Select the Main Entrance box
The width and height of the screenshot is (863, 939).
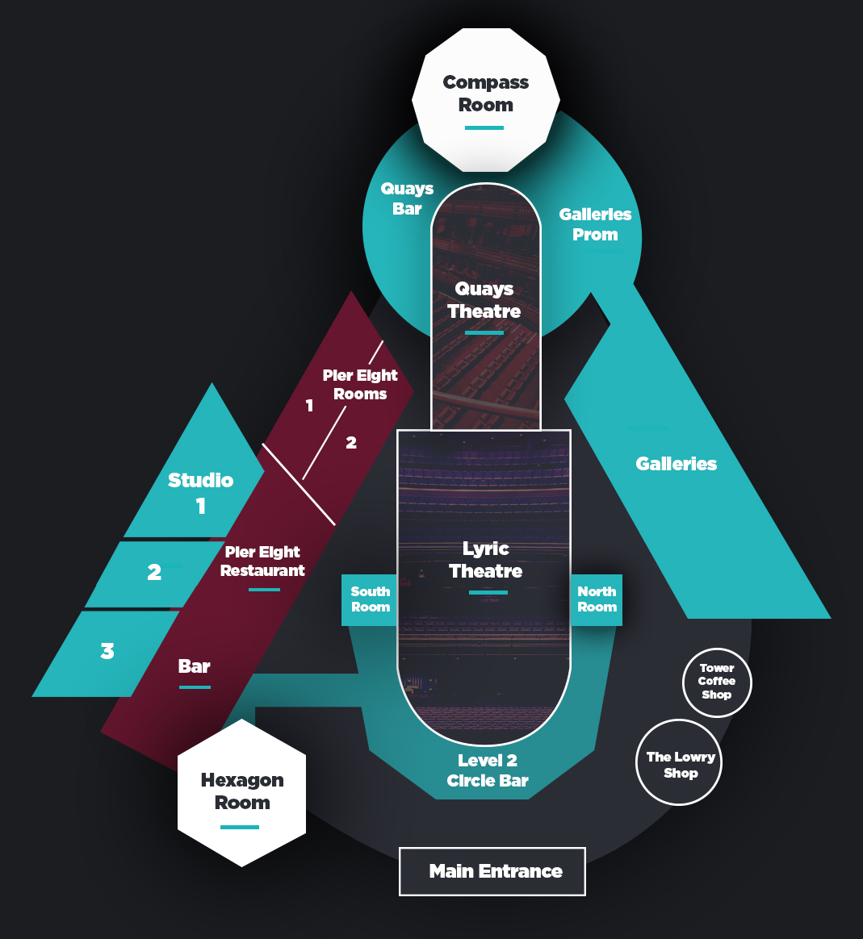click(x=492, y=871)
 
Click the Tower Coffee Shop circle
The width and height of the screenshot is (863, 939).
click(x=716, y=682)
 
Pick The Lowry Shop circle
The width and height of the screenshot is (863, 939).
click(x=679, y=763)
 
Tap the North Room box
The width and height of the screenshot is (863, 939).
click(x=597, y=599)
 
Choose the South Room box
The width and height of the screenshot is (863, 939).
click(x=370, y=599)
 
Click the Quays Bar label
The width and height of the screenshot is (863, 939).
click(x=408, y=198)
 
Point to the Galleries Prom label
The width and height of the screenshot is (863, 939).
click(x=595, y=224)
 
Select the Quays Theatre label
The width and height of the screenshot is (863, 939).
click(x=484, y=300)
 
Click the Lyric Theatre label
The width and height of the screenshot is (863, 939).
click(x=485, y=560)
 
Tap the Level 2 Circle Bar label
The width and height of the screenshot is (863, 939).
click(x=488, y=770)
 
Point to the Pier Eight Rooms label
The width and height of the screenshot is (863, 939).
click(x=360, y=385)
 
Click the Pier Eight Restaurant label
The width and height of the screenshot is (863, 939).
click(x=262, y=561)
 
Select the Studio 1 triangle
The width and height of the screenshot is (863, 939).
click(x=200, y=492)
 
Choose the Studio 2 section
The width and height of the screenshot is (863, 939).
click(x=153, y=573)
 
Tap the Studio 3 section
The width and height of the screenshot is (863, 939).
click(x=107, y=652)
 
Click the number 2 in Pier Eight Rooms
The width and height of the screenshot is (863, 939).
click(x=351, y=442)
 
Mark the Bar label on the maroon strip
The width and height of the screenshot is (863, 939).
click(x=194, y=666)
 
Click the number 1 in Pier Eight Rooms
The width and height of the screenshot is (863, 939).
click(x=309, y=406)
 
